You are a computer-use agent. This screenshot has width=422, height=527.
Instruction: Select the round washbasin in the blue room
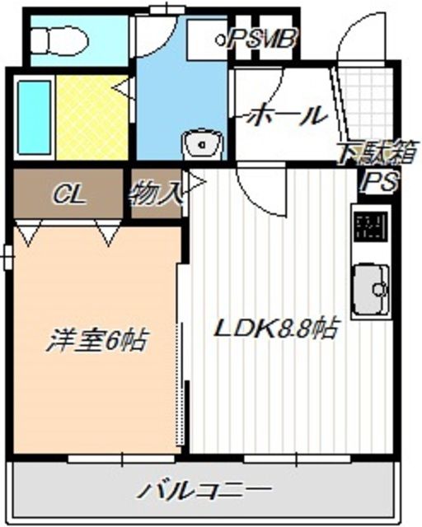pyautogui.click(x=201, y=145)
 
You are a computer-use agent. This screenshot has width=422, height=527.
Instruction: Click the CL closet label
pyautogui.click(x=68, y=194)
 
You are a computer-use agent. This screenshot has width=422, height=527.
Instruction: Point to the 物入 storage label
pyautogui.click(x=155, y=194)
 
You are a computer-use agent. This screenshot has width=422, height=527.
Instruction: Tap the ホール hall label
pyautogui.click(x=285, y=115)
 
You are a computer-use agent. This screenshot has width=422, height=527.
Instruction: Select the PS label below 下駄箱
pyautogui.click(x=381, y=181)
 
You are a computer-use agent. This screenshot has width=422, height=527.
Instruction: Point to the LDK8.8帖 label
pyautogui.click(x=275, y=329)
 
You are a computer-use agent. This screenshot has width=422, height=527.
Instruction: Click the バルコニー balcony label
pyautogui.click(x=203, y=491)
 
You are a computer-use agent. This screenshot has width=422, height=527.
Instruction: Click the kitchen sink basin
pyautogui.click(x=371, y=290)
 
